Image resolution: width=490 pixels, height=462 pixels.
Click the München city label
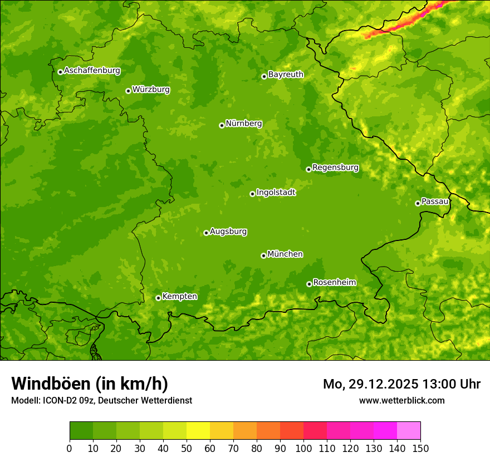click(285, 254)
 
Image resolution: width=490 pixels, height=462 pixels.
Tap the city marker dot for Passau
click(418, 203)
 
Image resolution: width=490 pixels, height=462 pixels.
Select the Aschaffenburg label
click(92, 71)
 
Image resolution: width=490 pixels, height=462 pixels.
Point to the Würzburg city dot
click(128, 91)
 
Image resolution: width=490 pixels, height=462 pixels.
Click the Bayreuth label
click(286, 75)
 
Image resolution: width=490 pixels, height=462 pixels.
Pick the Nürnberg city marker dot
click(222, 125)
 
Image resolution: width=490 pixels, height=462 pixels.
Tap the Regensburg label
click(335, 168)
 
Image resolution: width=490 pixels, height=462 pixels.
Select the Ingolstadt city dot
click(252, 194)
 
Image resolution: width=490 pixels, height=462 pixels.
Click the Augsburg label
click(228, 232)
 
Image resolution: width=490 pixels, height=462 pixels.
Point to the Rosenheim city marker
click(309, 284)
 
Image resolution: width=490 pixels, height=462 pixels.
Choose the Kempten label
click(179, 297)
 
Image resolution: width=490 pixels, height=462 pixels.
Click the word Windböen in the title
click(51, 384)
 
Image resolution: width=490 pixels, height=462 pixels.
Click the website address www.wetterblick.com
click(401, 400)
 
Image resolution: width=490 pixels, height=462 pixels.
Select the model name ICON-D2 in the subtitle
click(58, 400)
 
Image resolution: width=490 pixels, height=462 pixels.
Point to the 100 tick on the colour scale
click(303, 448)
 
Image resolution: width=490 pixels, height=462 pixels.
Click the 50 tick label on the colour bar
click(187, 448)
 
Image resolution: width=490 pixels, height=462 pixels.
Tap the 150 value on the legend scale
click(420, 448)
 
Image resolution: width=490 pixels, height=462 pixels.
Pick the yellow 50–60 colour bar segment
click(198, 430)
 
